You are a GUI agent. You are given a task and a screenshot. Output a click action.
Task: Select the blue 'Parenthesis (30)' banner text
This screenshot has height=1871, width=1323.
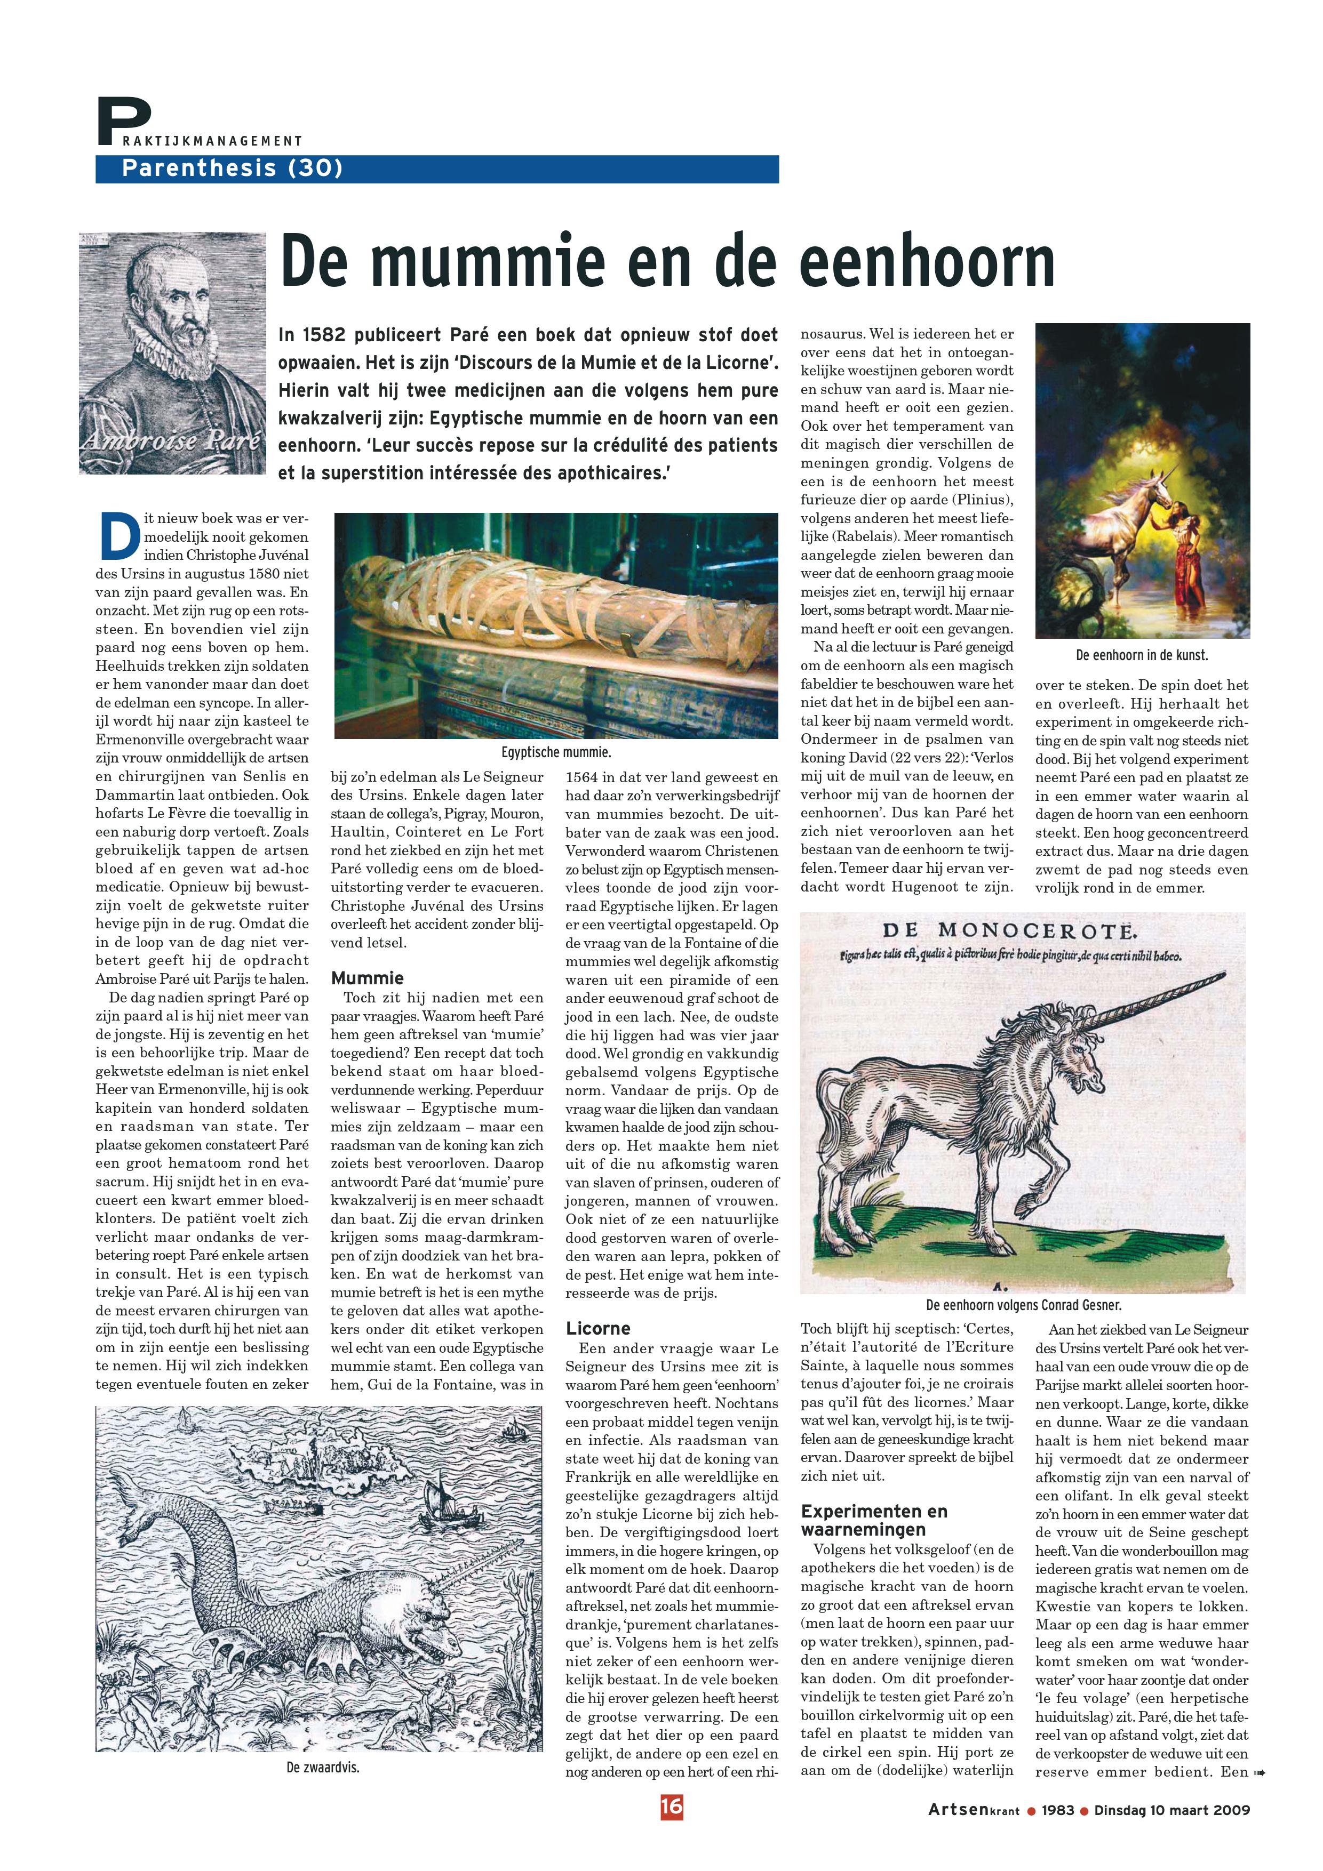pos(232,168)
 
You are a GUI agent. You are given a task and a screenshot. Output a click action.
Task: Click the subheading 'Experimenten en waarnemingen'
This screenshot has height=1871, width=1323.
pos(874,1520)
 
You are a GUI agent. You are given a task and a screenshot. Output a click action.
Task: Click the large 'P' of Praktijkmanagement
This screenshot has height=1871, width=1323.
pos(122,122)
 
